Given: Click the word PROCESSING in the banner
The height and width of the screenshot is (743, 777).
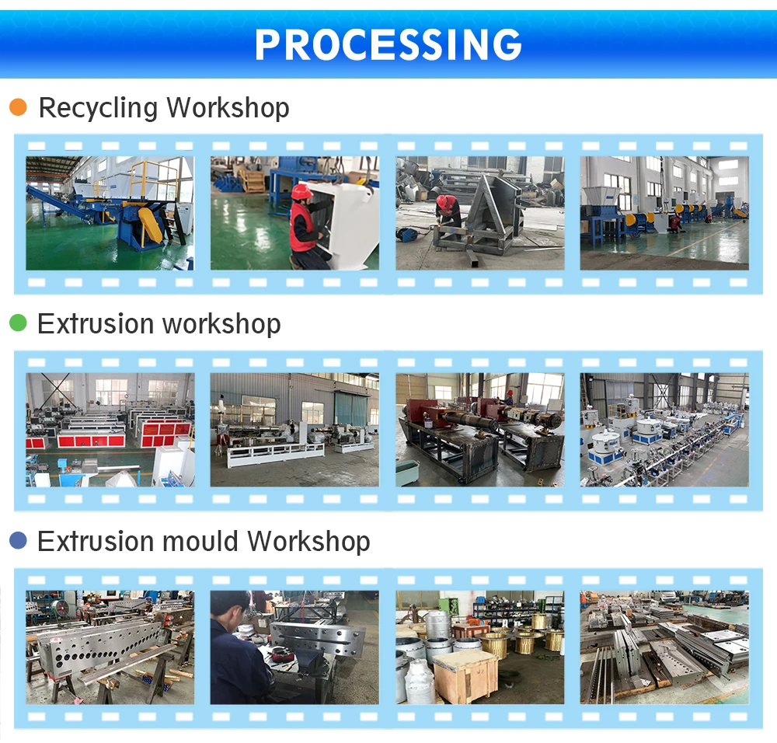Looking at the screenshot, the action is (x=388, y=44).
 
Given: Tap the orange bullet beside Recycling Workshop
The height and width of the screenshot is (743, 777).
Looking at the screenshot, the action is (x=18, y=107).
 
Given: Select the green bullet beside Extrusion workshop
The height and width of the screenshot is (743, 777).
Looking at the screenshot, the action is (x=18, y=323).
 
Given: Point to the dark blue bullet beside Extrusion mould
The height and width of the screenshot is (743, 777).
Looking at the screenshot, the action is (x=18, y=541).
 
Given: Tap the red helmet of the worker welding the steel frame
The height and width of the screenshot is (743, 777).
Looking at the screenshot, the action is (x=445, y=201).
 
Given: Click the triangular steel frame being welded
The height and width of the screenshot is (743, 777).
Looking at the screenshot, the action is (x=490, y=214).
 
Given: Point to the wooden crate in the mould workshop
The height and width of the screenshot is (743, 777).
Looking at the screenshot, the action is (x=465, y=675).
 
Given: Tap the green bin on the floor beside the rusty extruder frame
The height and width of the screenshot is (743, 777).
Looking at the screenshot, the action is (x=407, y=472).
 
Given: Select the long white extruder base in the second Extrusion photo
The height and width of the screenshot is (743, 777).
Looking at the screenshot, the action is (x=264, y=455).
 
